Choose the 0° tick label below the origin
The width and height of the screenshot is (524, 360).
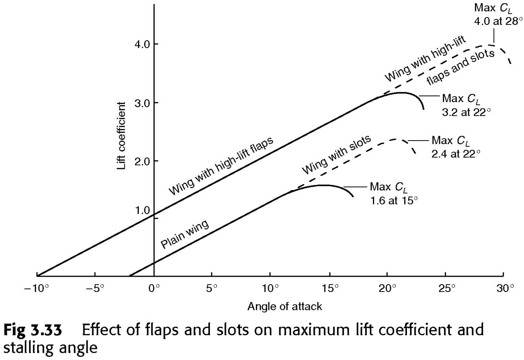pos(154,288)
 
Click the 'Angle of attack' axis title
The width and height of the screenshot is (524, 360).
pos(285,306)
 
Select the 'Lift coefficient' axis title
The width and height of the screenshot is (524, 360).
pos(121,136)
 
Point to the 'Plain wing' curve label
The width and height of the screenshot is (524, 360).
pos(185,234)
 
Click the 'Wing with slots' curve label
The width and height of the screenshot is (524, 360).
pos(337,154)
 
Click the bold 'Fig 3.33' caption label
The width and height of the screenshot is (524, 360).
pos(33,329)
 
